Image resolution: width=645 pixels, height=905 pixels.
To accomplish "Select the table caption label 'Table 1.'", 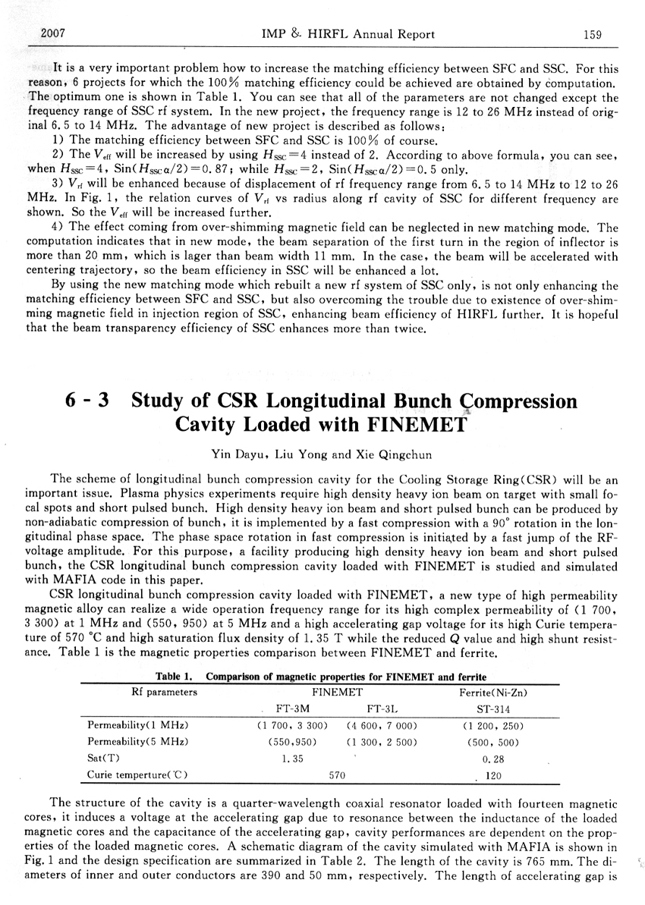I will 177,676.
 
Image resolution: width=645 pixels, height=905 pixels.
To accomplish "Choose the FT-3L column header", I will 380,709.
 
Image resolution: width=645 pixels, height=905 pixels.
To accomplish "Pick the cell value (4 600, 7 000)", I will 382,726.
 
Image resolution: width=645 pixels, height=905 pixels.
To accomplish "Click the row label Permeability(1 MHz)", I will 138,726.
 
